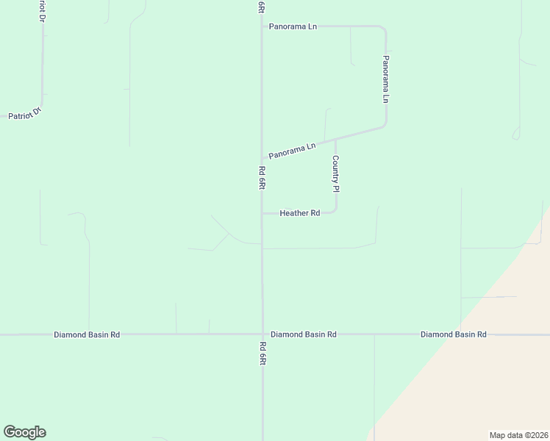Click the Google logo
click(24, 432)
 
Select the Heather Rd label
click(299, 213)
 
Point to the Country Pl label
click(335, 173)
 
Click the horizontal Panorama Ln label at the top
click(293, 26)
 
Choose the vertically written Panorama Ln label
click(385, 79)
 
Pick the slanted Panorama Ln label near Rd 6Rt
click(292, 150)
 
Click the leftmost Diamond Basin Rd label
click(87, 334)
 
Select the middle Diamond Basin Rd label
click(303, 334)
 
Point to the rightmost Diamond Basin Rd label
click(453, 334)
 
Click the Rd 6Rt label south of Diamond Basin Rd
click(262, 355)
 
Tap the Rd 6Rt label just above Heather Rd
click(262, 179)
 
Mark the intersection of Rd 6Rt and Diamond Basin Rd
click(262, 334)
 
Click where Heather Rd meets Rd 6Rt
click(262, 213)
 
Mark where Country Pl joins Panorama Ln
click(335, 139)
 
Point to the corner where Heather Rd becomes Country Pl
click(335, 212)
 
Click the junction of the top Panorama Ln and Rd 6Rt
click(262, 26)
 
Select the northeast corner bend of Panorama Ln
click(384, 29)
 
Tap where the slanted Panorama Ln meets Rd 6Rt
click(262, 158)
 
